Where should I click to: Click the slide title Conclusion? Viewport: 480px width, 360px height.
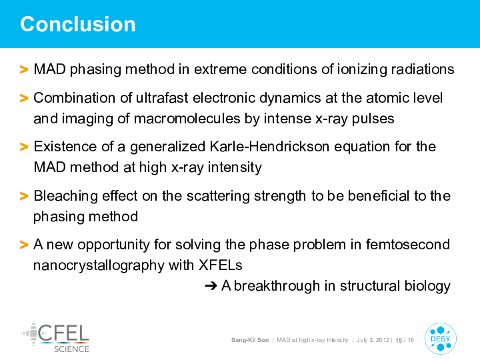tap(78, 24)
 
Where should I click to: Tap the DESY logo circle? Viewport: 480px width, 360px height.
tap(441, 339)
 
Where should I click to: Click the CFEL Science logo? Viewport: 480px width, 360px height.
tap(55, 337)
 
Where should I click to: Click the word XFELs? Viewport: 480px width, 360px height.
tap(221, 265)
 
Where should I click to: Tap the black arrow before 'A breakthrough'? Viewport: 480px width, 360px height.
tap(211, 286)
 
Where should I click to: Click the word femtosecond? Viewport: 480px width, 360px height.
tap(408, 244)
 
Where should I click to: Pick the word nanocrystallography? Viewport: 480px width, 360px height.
tap(99, 266)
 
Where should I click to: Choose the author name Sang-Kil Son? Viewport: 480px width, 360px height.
tap(250, 340)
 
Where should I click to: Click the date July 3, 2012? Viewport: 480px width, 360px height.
tap(373, 340)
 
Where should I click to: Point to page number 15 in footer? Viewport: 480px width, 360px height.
tap(399, 341)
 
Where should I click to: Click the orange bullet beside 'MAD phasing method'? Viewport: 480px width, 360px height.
tap(24, 69)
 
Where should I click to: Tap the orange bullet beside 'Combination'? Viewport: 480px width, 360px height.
tap(24, 98)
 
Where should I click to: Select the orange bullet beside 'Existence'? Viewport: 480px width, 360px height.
tap(24, 147)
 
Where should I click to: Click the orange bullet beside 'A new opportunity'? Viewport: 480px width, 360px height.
tap(24, 245)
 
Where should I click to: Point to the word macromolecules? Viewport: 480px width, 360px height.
tap(187, 119)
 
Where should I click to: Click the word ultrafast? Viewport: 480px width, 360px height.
tap(162, 98)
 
